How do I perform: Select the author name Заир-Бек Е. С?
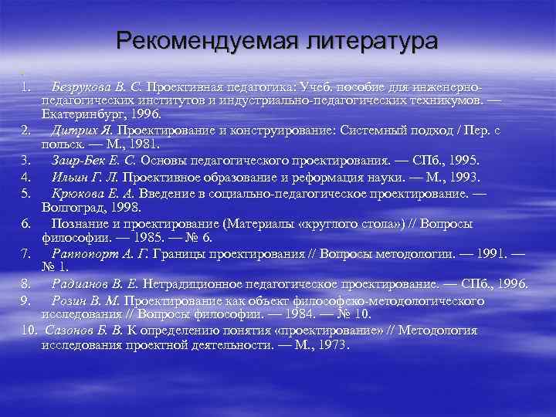pos(93,160)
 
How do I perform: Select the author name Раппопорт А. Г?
pos(100,253)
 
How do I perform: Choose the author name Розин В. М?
pos(85,300)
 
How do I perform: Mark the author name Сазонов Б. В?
pos(84,331)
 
